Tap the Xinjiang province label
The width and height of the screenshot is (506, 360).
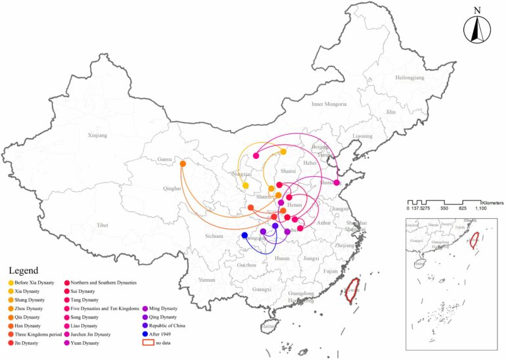point(97,135)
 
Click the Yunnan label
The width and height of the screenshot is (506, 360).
point(206,280)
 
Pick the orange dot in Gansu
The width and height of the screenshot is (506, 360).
point(183,164)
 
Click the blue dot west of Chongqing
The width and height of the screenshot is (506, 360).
point(244,235)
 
